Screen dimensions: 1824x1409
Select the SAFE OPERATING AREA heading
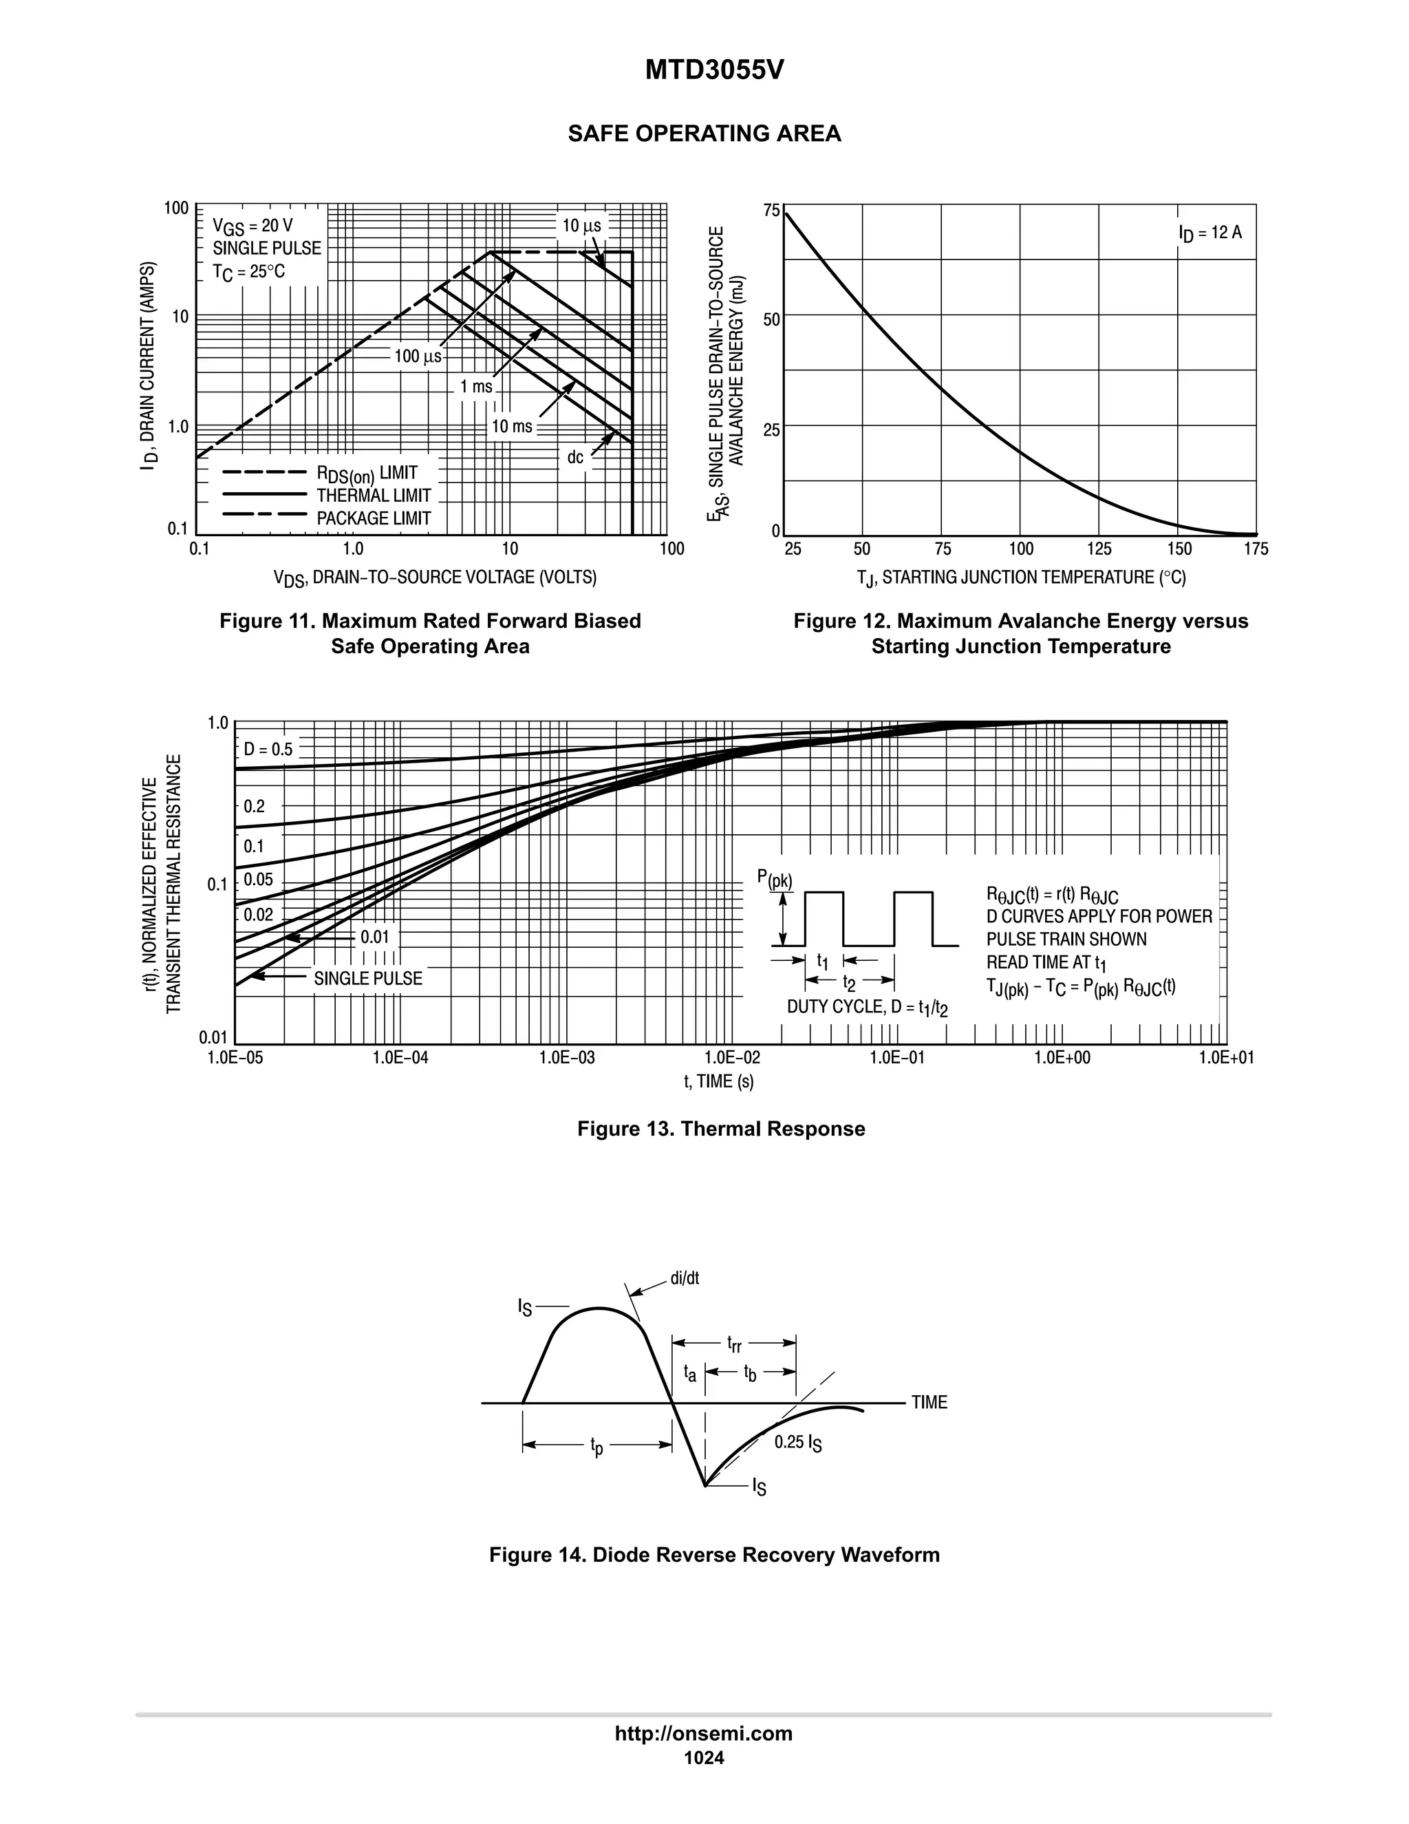tap(704, 134)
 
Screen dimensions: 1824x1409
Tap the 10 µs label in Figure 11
tap(581, 226)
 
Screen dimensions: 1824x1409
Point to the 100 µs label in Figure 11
tap(418, 357)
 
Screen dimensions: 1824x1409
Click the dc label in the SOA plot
tap(575, 458)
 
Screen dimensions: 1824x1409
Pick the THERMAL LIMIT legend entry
tap(373, 496)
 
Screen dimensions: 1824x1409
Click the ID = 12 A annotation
tap(1209, 233)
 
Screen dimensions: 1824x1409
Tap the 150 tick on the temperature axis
tap(1179, 549)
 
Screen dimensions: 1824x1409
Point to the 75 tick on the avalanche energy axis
tap(771, 210)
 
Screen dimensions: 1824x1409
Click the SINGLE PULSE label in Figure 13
tap(368, 978)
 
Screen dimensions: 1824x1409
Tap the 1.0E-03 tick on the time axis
tap(567, 1057)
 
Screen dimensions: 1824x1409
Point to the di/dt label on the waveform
tap(685, 1279)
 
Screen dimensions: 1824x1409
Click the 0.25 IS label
tap(798, 1442)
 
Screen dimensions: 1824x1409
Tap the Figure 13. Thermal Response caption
tap(721, 1129)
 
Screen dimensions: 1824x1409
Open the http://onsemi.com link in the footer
tap(704, 1734)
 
